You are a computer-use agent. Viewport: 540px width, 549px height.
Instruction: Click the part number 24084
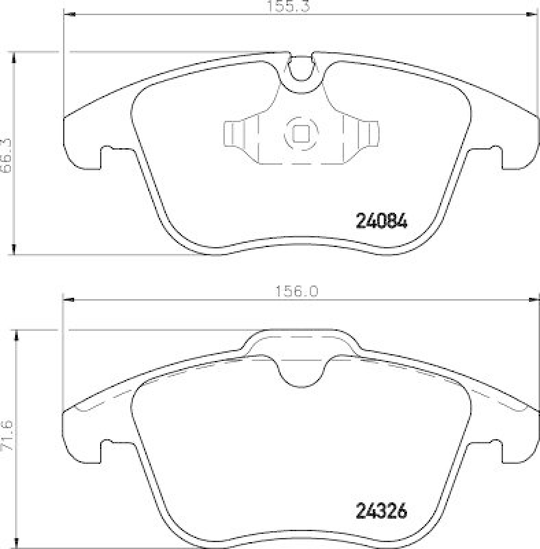coord(382,221)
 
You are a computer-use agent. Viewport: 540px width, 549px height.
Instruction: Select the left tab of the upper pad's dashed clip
coord(234,133)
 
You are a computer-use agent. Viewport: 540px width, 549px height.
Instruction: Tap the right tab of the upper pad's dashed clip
coord(369,133)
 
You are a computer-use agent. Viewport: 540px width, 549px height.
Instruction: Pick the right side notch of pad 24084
coord(494,156)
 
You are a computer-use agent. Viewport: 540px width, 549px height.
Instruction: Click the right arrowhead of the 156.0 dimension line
coord(535,299)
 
